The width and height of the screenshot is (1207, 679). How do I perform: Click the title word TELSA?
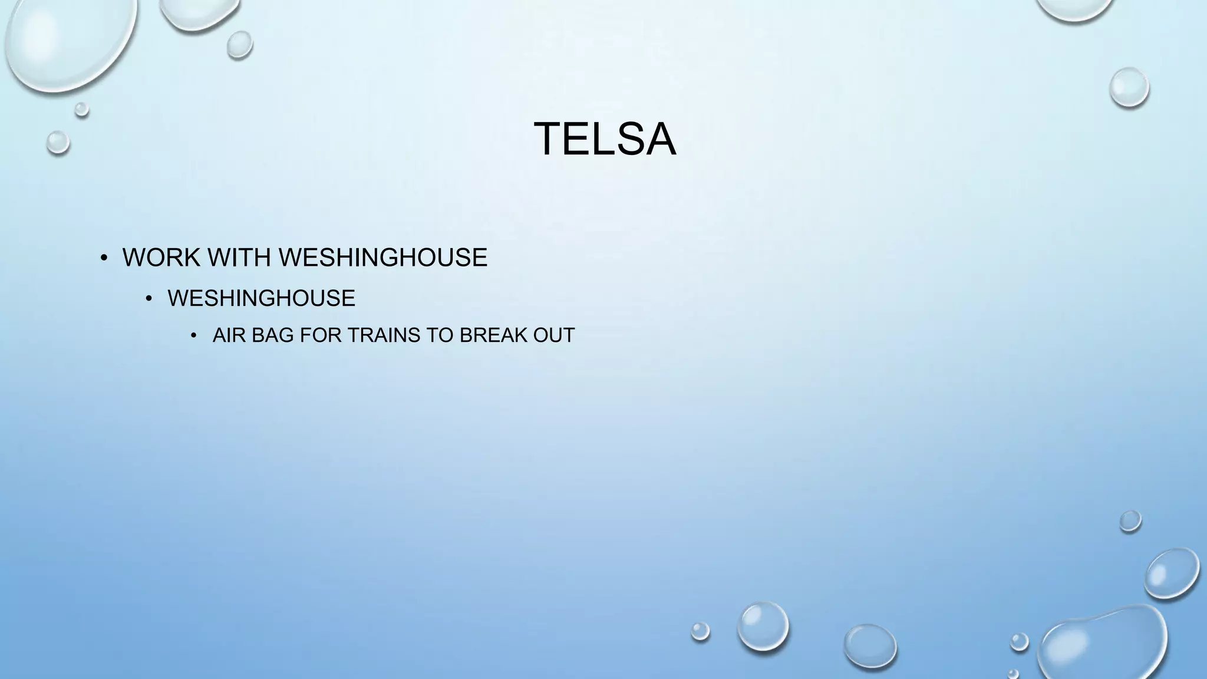coord(605,139)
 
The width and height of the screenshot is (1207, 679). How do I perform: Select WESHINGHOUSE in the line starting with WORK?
coord(382,258)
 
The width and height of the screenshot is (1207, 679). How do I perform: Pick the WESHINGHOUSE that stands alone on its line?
coord(261,298)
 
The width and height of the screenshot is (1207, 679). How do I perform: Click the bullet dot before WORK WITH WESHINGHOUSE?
coord(104,258)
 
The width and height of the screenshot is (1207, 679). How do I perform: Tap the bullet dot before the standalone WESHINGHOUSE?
coord(149,299)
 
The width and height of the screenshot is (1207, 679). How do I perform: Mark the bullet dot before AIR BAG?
coord(194,336)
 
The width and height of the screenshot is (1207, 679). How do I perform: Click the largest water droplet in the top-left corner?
coord(68,38)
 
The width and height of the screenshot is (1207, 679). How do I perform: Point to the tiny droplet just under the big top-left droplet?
coord(82,109)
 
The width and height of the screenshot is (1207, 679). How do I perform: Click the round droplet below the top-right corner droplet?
coord(1129,88)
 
